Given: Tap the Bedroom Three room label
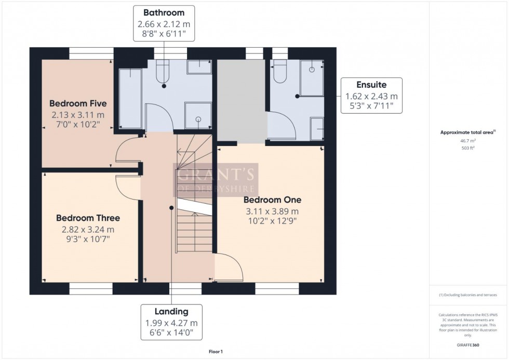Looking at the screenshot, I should point(88,218).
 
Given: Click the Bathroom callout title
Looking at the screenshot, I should point(164,12).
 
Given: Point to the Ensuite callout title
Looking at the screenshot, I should point(371,85).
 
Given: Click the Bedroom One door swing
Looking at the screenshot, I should point(231,268).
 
